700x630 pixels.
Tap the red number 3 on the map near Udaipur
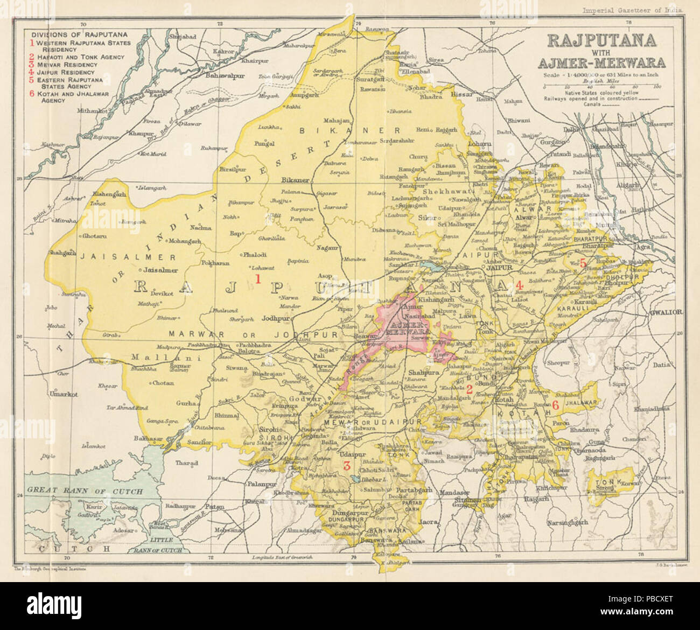pyautogui.click(x=347, y=466)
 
